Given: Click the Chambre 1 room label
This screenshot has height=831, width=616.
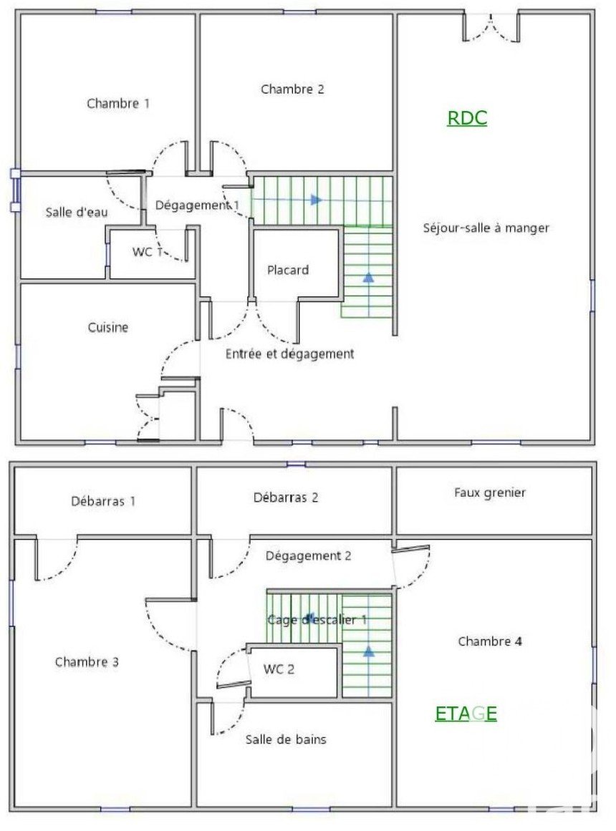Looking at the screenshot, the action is [x=117, y=103].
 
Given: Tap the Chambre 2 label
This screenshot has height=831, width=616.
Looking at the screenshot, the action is [x=292, y=89].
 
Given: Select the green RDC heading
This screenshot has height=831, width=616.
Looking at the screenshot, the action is [x=467, y=117].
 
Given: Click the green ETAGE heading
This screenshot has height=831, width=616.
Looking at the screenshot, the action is [x=466, y=714].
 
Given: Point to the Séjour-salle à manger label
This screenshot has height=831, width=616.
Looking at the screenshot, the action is [x=486, y=228].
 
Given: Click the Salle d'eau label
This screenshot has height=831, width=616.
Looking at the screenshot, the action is [x=77, y=213].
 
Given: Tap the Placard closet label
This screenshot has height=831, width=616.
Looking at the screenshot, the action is [x=287, y=271].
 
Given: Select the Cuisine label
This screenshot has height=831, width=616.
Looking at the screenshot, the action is [x=108, y=328].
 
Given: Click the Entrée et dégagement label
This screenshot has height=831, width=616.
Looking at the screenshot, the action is [x=289, y=354].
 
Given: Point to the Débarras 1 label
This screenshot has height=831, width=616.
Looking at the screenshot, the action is [x=103, y=501].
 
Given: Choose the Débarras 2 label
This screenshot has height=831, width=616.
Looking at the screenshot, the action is [x=286, y=497].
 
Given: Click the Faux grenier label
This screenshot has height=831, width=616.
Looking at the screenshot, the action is [x=490, y=493].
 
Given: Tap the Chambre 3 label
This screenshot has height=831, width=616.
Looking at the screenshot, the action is [x=87, y=662].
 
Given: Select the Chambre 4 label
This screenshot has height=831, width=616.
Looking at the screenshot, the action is [x=490, y=641].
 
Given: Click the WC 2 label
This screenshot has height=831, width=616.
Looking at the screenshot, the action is [x=279, y=669].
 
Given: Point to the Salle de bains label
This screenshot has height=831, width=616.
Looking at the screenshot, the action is [x=286, y=739].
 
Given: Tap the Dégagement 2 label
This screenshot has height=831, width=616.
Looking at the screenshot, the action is [x=308, y=556].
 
